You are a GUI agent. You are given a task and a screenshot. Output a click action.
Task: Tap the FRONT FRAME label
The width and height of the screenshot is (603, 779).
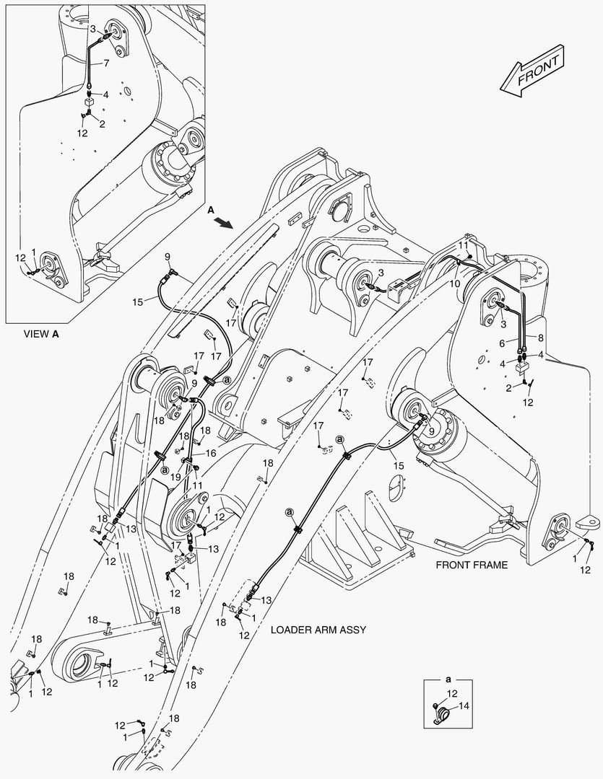click(471, 565)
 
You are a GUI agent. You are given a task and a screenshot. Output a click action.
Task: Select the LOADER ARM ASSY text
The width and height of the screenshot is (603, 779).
click(318, 630)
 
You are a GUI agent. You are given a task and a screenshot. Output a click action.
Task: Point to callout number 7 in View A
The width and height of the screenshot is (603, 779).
click(105, 63)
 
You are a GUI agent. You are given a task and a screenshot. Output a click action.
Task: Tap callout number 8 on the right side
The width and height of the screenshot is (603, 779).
click(539, 337)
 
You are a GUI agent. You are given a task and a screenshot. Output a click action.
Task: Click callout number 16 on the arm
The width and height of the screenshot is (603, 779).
click(212, 453)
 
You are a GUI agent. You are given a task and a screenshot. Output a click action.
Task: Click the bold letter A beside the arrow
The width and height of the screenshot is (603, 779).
click(210, 210)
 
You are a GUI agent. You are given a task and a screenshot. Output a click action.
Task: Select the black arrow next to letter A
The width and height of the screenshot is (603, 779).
click(227, 224)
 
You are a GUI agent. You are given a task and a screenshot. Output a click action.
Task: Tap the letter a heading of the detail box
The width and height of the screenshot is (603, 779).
click(448, 679)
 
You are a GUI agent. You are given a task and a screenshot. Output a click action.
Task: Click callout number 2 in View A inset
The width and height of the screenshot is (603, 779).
click(102, 124)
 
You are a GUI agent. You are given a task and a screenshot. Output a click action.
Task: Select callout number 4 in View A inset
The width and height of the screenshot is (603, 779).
click(105, 94)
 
